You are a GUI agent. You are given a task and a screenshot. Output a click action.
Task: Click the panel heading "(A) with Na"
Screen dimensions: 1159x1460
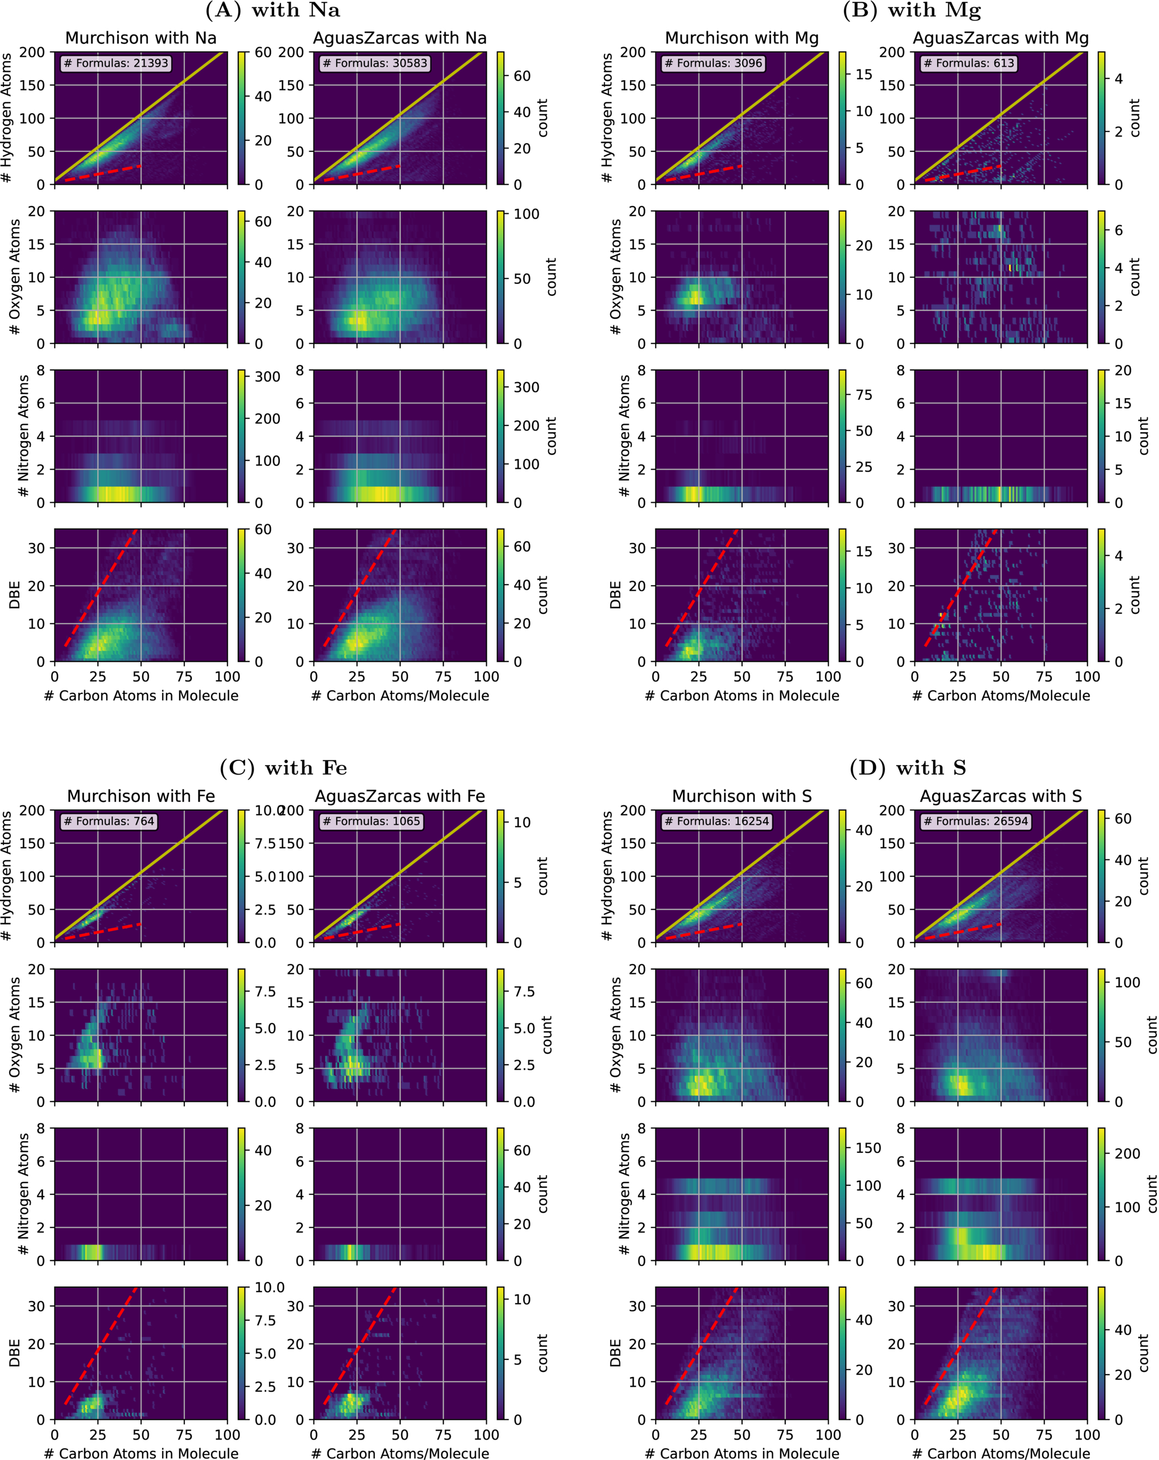coord(272,10)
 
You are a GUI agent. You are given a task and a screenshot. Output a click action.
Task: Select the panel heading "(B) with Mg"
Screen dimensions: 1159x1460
coord(911,10)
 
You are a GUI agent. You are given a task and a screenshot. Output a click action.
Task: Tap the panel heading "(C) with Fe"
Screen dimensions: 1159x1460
coord(283,768)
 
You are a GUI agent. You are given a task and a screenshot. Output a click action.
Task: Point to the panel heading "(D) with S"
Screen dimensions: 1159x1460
coord(908,768)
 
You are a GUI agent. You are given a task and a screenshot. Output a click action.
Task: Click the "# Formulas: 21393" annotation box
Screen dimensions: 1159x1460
coord(116,63)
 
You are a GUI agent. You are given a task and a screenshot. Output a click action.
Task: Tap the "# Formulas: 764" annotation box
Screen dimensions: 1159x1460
coord(109,821)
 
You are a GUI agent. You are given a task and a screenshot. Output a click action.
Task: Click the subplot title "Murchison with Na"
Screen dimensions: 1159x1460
coord(141,38)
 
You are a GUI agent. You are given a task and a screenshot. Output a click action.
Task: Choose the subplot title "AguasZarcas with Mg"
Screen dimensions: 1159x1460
coord(1000,38)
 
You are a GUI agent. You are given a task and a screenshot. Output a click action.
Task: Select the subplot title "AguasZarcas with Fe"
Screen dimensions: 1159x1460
coord(400,796)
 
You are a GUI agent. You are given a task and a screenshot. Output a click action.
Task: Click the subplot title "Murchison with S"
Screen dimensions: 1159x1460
coord(742,796)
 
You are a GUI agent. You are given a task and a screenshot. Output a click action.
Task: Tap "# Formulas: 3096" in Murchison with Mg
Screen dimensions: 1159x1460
coord(714,63)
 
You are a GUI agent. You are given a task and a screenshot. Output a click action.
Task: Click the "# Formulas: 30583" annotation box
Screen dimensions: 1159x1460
coord(375,63)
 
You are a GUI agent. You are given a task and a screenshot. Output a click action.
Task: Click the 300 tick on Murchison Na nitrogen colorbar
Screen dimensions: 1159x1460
coord(267,377)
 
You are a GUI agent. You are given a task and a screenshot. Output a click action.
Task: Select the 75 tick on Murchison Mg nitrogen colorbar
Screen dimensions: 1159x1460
coord(864,395)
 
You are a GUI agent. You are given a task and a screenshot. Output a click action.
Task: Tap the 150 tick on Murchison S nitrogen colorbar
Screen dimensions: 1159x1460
coord(868,1148)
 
